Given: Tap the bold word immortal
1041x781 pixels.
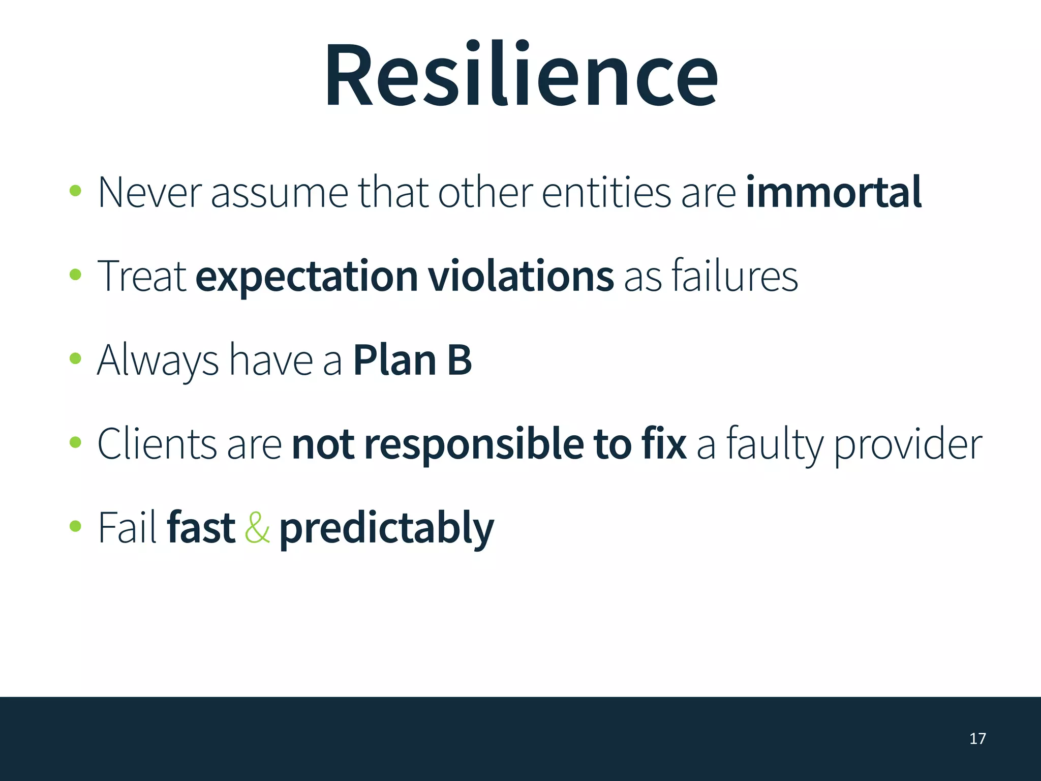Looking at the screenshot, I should pyautogui.click(x=834, y=192).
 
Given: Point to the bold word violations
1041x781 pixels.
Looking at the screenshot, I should pyautogui.click(x=521, y=276).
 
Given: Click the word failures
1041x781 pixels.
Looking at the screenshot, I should pyautogui.click(x=734, y=276).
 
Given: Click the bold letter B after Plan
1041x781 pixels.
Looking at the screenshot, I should pyautogui.click(x=460, y=360).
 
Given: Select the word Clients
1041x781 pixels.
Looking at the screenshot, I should pyautogui.click(x=157, y=444).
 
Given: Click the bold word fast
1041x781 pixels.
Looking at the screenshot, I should pyautogui.click(x=201, y=528).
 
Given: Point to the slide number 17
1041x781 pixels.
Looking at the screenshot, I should pyautogui.click(x=977, y=738).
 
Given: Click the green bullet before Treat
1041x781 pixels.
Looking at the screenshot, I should pyautogui.click(x=75, y=275).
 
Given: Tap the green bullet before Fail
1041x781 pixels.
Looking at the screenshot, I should pyautogui.click(x=75, y=526).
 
